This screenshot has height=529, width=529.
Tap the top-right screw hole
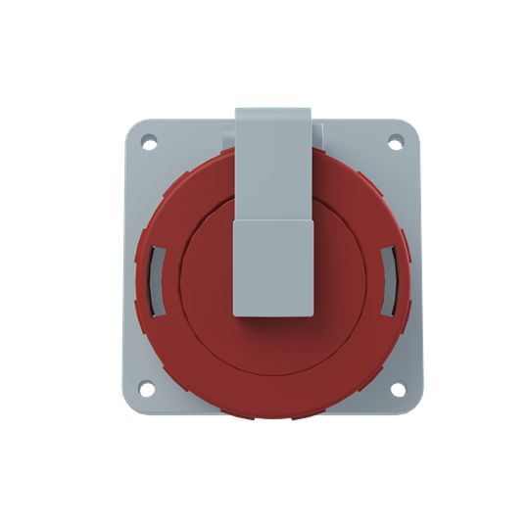tap(396, 143)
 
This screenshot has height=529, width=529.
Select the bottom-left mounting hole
tap(147, 389)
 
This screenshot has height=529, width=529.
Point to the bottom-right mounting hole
tap(397, 389)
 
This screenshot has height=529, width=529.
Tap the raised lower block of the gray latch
tap(273, 266)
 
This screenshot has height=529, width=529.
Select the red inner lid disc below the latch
tap(273, 348)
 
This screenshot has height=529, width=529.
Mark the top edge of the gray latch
tap(273, 111)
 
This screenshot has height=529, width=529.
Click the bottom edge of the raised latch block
tap(273, 315)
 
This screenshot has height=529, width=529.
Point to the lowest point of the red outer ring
tap(273, 419)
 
